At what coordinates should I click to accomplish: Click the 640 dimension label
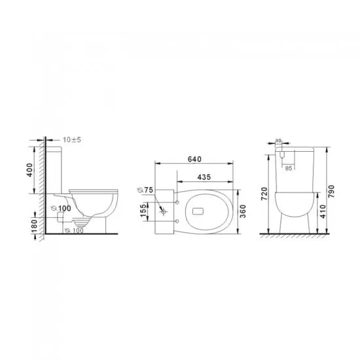click(x=194, y=159)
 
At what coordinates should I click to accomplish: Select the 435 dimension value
click(x=204, y=177)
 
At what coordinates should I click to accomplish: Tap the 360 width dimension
click(x=243, y=211)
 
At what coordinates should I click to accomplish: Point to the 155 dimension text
click(x=143, y=211)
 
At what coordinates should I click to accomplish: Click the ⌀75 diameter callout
click(x=145, y=190)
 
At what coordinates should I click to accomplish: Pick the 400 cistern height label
click(x=29, y=170)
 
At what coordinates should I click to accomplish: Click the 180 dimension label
click(x=34, y=226)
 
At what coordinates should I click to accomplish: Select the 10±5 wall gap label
click(x=72, y=140)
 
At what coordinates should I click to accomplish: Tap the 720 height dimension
click(x=264, y=194)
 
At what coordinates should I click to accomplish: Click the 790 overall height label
click(x=331, y=192)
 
